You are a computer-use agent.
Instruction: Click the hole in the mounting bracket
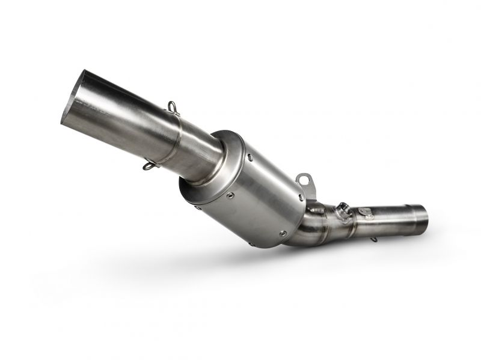(x=304, y=178)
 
